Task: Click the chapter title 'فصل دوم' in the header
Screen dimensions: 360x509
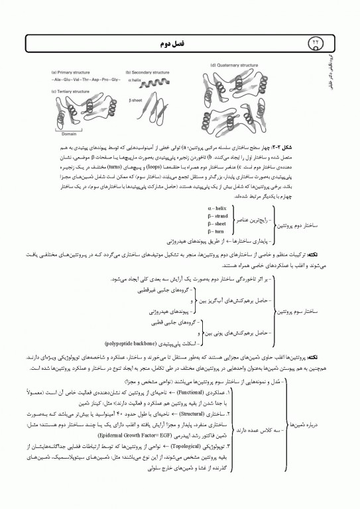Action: pyautogui.click(x=180, y=41)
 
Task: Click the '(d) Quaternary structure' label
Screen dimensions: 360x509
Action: pyautogui.click(x=234, y=66)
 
